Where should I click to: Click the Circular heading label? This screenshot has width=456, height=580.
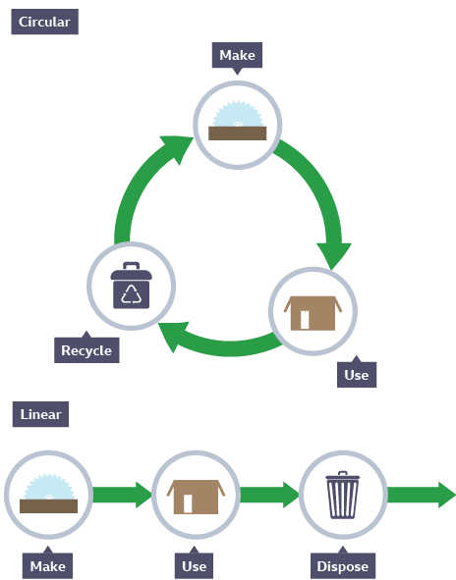click(45, 22)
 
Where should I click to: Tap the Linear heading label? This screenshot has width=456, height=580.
click(40, 414)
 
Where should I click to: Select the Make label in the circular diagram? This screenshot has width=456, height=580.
click(237, 55)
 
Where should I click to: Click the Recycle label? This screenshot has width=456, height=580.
click(86, 350)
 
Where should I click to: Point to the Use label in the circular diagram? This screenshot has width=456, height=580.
click(357, 375)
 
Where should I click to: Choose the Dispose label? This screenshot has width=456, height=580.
click(343, 566)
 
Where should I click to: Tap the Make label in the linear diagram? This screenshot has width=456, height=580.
click(48, 566)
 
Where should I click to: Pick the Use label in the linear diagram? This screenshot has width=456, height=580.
click(195, 566)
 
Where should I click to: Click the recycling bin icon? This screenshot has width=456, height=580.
click(131, 286)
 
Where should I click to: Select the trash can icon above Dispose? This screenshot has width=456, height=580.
click(343, 495)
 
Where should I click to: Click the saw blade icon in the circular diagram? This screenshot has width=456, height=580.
click(238, 121)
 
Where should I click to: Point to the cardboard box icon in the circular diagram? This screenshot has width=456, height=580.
click(313, 313)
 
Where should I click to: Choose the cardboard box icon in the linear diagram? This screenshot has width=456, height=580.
click(196, 497)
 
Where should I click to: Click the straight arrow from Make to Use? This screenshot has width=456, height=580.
click(122, 495)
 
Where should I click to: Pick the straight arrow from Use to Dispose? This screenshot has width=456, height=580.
click(269, 495)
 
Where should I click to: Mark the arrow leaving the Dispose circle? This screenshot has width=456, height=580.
click(422, 495)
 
